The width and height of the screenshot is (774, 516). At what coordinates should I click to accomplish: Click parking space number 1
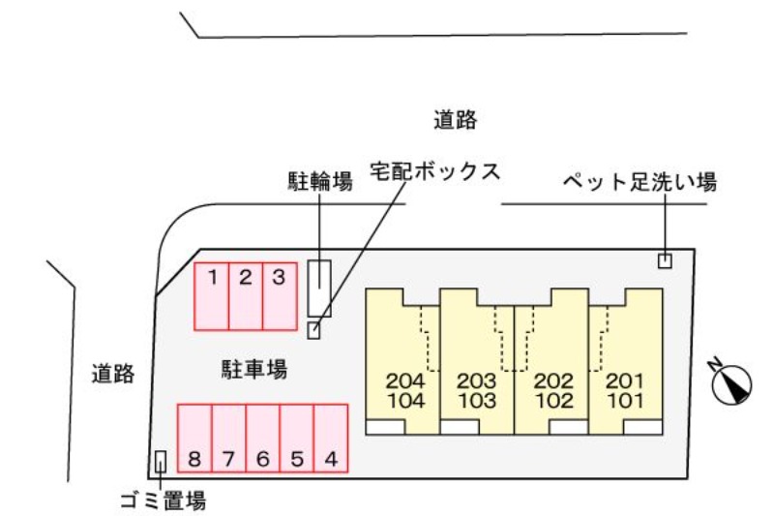pos(212,296)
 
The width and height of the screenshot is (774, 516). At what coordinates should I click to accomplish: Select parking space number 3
pos(279,296)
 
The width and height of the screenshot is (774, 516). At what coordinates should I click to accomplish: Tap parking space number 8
pos(194,439)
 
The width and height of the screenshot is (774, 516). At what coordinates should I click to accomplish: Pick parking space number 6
pos(263,439)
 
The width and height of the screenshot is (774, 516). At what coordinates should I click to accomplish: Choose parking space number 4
pos(331,439)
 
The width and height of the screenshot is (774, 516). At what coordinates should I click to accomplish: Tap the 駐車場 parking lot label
pos(254,369)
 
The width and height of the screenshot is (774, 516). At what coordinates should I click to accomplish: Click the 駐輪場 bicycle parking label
pos(319,182)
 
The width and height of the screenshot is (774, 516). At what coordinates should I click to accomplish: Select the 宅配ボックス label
pos(435,171)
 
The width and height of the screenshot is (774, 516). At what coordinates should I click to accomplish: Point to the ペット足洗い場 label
pos(640,182)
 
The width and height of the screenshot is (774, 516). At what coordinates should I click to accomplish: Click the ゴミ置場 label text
pos(163,501)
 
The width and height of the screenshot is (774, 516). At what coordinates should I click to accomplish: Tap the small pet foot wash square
pos(665,260)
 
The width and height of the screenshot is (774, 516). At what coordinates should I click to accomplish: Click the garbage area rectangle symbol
pos(161,463)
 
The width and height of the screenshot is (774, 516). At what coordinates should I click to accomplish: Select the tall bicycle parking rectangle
pos(319,288)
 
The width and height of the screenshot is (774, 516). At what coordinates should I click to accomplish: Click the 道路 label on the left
pos(113,374)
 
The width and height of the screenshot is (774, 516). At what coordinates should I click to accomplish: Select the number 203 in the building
pos(476,380)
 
